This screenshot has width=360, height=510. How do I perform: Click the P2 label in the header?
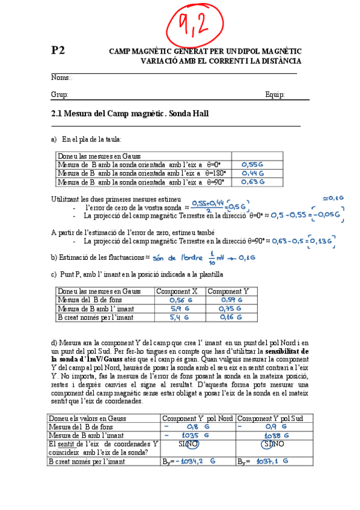click(58, 51)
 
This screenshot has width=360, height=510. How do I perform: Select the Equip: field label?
click(275, 94)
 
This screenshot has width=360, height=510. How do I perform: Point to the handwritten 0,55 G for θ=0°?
click(252, 164)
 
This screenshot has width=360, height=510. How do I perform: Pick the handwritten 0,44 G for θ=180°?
click(252, 173)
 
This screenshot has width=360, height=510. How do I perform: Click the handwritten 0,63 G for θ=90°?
click(252, 182)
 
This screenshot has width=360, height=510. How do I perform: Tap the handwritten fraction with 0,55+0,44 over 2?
click(208, 206)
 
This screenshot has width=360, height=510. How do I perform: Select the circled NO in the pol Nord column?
click(192, 444)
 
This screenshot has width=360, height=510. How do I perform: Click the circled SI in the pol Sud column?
click(268, 444)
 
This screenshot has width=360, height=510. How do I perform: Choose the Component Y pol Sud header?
click(269, 418)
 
